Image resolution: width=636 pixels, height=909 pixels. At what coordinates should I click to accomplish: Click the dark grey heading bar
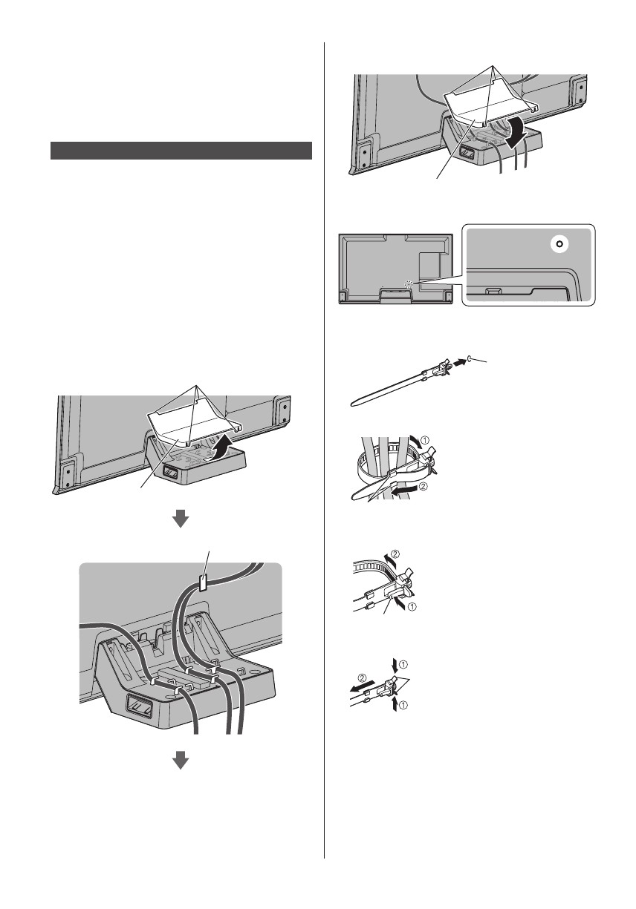click(x=181, y=151)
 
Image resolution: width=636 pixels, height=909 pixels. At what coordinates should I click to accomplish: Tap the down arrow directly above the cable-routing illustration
click(x=181, y=521)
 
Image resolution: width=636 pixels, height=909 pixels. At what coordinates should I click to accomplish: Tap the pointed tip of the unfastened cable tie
click(x=351, y=405)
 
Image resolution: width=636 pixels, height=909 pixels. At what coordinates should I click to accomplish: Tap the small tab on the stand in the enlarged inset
click(x=493, y=290)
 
